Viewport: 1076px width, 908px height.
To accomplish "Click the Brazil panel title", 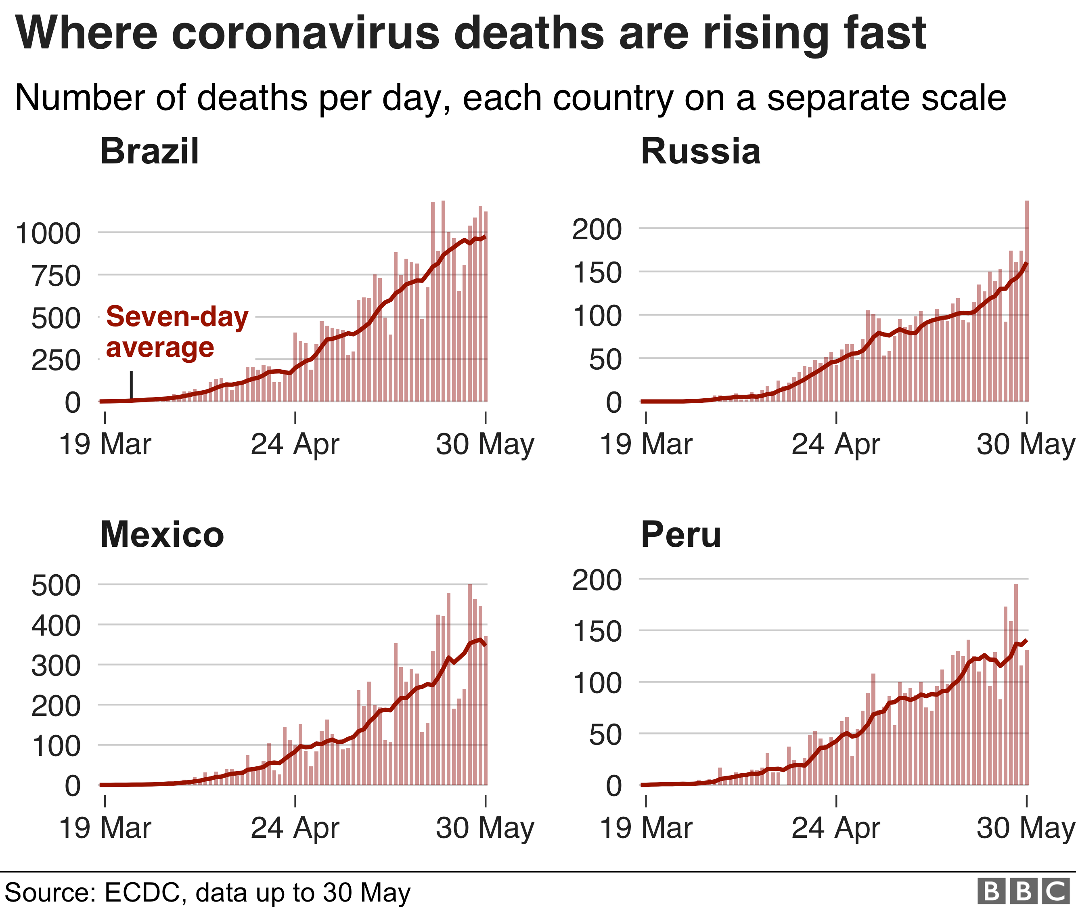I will click(x=149, y=152).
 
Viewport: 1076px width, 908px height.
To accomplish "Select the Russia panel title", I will click(x=700, y=152).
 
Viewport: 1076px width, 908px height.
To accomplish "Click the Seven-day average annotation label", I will click(x=177, y=332).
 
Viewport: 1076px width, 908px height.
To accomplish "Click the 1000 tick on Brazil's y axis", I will click(x=48, y=234).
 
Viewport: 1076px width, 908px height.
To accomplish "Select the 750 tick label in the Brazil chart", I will click(x=56, y=276).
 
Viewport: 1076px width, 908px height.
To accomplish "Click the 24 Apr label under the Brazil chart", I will click(x=295, y=444).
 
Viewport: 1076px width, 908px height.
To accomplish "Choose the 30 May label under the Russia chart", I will click(x=1024, y=444).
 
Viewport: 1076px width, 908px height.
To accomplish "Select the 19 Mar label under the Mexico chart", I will click(x=105, y=828).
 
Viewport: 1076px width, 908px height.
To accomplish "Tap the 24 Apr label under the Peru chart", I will click(x=835, y=828).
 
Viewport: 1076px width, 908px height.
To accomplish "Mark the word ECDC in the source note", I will click(x=142, y=893).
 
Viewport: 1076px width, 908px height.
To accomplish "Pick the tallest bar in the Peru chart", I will click(x=1016, y=684).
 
